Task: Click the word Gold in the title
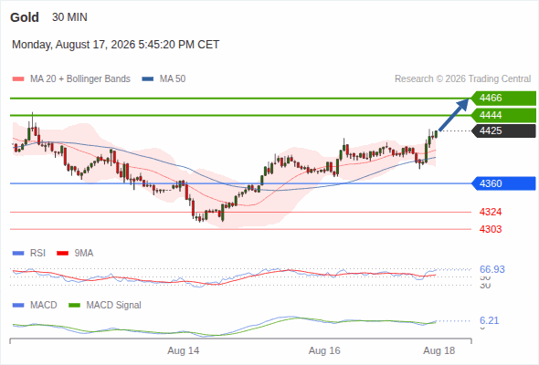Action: [25, 17]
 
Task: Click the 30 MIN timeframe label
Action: [69, 17]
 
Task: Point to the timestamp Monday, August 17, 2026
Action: [74, 45]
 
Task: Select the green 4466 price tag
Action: [503, 99]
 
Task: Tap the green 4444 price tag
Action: [503, 115]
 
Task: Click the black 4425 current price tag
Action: [503, 130]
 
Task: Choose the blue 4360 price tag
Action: [503, 183]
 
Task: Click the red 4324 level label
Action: [491, 212]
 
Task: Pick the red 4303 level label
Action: [491, 229]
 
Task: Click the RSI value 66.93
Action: [492, 269]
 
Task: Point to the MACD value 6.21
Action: [489, 320]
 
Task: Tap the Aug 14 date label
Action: [184, 350]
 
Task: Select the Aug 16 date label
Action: [324, 350]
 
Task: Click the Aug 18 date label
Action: [439, 350]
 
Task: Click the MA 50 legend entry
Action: [164, 79]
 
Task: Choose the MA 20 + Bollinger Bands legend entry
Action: [71, 79]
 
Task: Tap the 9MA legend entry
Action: [75, 253]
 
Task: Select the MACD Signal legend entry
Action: [105, 305]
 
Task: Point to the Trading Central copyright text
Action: [462, 79]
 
